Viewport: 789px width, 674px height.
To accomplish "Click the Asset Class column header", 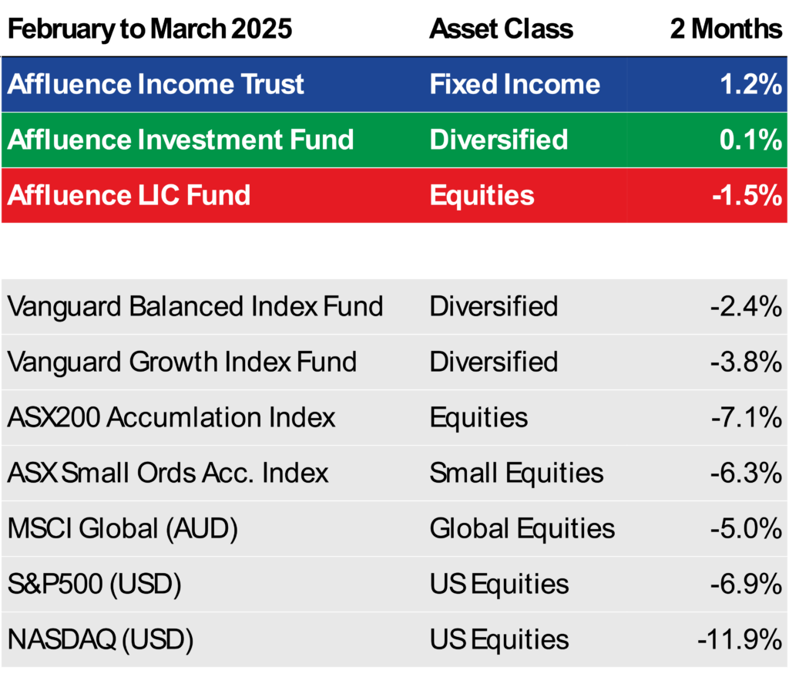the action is [501, 29].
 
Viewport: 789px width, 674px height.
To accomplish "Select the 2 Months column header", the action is [726, 29].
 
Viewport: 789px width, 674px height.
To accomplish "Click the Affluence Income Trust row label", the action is [156, 83].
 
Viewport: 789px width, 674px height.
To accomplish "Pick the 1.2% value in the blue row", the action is [751, 83].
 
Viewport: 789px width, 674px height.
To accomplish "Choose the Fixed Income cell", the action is [515, 83].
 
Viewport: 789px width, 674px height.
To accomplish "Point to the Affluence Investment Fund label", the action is [180, 140].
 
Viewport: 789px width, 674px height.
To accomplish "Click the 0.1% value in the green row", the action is [750, 140].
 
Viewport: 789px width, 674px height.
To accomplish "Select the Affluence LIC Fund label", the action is [129, 195].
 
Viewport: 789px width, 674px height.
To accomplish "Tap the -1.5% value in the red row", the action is [747, 195].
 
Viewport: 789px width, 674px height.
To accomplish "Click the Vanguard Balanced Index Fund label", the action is [195, 307].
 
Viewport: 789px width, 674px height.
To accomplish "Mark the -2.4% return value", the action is [746, 307].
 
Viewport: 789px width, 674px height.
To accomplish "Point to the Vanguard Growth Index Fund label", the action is [182, 362].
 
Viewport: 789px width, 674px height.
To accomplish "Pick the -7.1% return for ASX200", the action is [747, 418].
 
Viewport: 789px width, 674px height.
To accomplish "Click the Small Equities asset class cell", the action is [517, 473].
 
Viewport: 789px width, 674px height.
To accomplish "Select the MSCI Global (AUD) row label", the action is [123, 529].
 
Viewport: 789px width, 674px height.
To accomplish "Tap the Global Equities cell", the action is [522, 529].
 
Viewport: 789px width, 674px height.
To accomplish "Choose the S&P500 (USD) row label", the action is [95, 585].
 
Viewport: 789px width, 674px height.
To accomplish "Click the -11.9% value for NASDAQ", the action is [740, 640].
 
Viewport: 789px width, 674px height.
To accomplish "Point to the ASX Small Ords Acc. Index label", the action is [168, 473].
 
